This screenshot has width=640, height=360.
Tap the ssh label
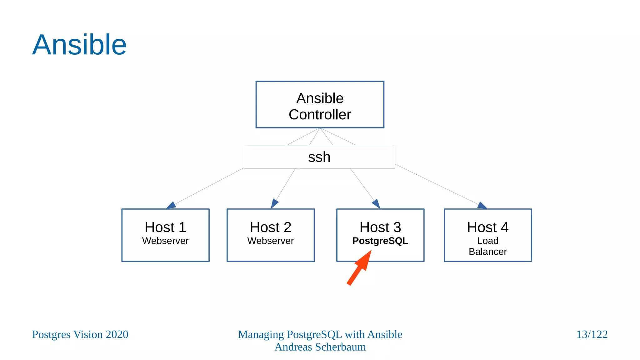tap(319, 157)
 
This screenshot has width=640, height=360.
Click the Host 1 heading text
tap(165, 227)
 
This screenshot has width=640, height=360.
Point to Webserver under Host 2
tap(270, 241)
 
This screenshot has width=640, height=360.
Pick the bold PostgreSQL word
tap(380, 241)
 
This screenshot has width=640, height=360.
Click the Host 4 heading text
tap(487, 227)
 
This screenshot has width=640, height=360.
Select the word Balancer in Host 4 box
tap(487, 252)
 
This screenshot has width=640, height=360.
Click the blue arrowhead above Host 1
tap(172, 205)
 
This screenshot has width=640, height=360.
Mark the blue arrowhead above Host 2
tap(274, 203)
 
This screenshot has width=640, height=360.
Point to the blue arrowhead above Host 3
tap(376, 204)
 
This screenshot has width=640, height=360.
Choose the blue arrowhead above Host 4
tap(482, 205)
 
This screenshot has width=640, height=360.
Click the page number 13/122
tap(592, 334)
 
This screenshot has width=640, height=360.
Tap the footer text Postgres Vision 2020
tap(80, 334)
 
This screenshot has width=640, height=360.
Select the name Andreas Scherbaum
tap(320, 347)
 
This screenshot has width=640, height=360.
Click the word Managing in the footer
tap(261, 334)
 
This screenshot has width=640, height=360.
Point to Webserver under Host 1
tap(165, 241)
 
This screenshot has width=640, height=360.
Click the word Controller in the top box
tap(320, 115)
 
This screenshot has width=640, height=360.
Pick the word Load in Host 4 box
tap(487, 241)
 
